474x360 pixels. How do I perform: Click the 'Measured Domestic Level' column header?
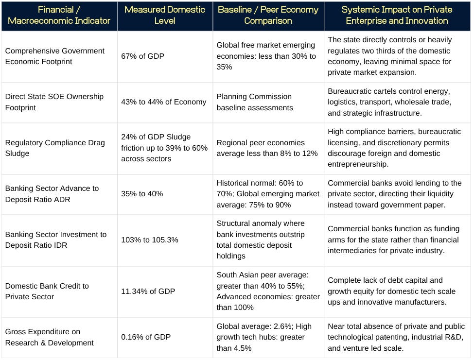point(165,15)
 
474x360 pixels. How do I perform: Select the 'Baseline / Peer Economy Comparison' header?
point(268,15)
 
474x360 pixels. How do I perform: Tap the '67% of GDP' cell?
point(142,56)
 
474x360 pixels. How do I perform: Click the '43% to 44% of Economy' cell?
point(163,102)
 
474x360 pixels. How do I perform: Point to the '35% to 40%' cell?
point(142,193)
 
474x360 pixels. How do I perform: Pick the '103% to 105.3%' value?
point(150,240)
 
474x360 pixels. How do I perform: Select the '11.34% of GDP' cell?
point(148,291)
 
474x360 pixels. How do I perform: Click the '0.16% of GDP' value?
point(146,337)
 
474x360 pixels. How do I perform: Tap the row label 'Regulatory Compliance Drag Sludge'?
point(55,148)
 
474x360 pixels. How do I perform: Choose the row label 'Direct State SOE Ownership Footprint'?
point(54,102)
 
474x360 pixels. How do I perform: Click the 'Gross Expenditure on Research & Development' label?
point(50,337)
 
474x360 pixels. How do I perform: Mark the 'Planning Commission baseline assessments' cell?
point(255,102)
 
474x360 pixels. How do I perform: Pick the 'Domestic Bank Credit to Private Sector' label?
point(47,291)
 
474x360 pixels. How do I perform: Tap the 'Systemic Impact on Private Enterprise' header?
point(397,15)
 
